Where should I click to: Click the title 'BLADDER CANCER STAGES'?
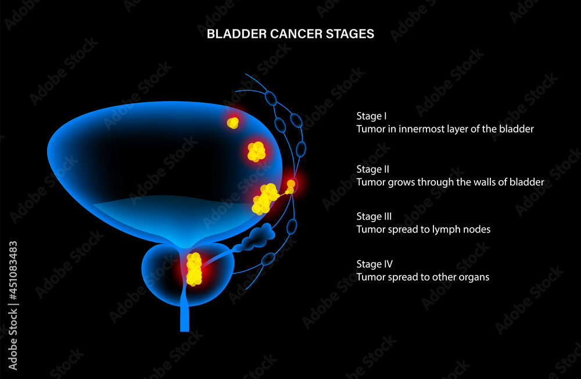coord(290,34)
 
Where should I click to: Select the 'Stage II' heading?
coord(373,169)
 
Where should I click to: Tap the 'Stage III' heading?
coord(374,217)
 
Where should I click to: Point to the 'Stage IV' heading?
coord(374,264)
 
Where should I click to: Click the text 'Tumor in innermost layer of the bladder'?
coord(445,129)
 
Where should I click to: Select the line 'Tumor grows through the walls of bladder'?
coord(450,182)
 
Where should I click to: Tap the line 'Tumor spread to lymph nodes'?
coord(424,230)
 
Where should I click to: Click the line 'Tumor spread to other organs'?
coord(423,277)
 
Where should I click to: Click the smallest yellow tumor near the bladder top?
coord(233,123)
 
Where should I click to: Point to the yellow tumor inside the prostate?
coord(193,269)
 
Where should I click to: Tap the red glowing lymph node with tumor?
coord(291,184)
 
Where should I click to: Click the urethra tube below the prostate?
coord(185,317)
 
